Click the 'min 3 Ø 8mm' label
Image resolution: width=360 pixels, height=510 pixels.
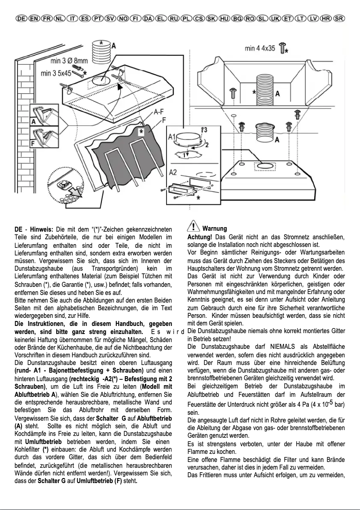tap(69, 61)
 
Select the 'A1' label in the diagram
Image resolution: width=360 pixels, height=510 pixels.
tap(171, 136)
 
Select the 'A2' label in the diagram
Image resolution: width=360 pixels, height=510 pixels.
tap(172, 172)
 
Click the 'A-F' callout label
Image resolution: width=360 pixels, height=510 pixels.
tap(158, 113)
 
